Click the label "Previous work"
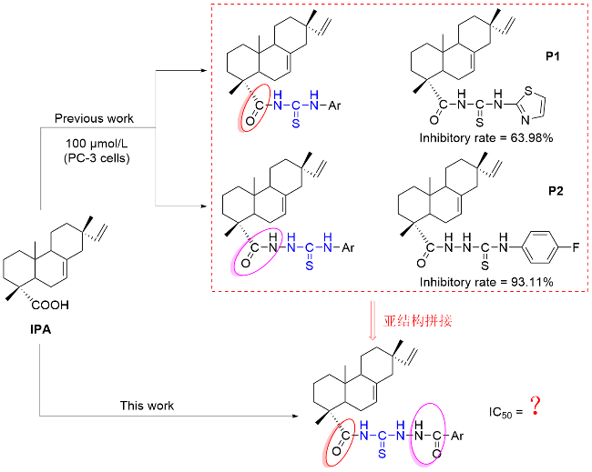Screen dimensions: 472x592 point(95,119)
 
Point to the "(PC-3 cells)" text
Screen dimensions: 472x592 point(95,160)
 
